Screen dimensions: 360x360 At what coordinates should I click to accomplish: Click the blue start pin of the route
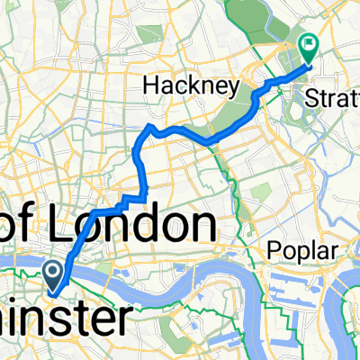[53, 274]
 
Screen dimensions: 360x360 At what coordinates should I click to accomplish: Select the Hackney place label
[191, 87]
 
